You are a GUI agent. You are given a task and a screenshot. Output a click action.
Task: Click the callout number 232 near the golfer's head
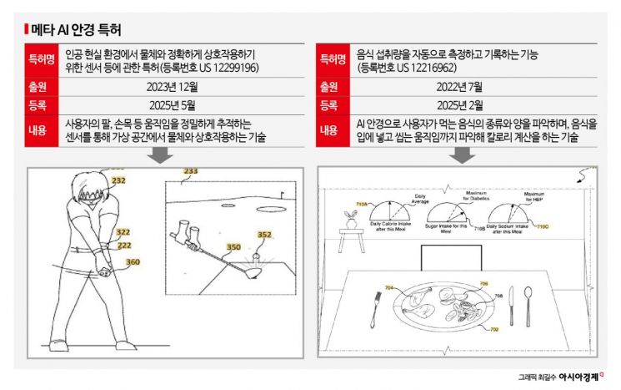tap(118, 180)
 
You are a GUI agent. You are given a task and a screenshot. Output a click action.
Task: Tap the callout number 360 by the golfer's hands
tap(132, 262)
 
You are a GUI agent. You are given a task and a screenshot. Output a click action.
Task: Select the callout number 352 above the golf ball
tap(264, 235)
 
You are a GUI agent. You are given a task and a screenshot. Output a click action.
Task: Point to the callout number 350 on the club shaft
tap(233, 247)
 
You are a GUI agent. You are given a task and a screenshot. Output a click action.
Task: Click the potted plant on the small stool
tap(351, 220)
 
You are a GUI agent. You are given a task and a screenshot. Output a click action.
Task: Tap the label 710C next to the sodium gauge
tap(542, 226)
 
